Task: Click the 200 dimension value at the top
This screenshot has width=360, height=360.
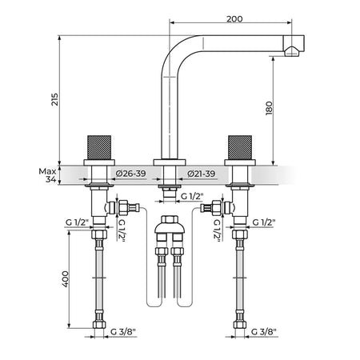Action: click(234, 19)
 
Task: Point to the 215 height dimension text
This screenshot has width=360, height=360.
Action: click(54, 99)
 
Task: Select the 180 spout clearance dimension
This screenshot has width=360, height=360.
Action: click(270, 108)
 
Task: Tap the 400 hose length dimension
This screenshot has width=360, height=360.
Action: click(66, 279)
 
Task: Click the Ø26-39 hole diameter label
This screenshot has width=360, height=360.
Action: click(130, 174)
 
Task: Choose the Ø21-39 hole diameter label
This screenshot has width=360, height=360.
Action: click(201, 174)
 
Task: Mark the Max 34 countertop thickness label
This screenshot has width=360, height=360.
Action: click(48, 175)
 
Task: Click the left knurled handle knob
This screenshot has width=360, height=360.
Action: click(99, 147)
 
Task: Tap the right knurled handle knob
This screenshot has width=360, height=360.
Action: click(240, 147)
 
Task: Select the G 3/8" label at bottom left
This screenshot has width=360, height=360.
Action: click(123, 332)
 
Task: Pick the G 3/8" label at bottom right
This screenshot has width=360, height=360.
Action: click(264, 332)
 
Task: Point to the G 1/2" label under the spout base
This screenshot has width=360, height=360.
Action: click(192, 196)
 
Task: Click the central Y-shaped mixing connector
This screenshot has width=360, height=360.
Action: click(170, 228)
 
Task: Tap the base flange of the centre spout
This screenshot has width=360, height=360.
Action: click(170, 162)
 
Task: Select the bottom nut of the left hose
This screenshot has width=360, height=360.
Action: click(99, 325)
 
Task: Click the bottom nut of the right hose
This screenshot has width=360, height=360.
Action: click(240, 325)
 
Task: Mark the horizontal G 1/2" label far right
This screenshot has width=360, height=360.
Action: click(264, 222)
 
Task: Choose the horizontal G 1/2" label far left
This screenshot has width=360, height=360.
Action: click(77, 222)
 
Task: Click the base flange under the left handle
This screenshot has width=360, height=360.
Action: click(99, 162)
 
